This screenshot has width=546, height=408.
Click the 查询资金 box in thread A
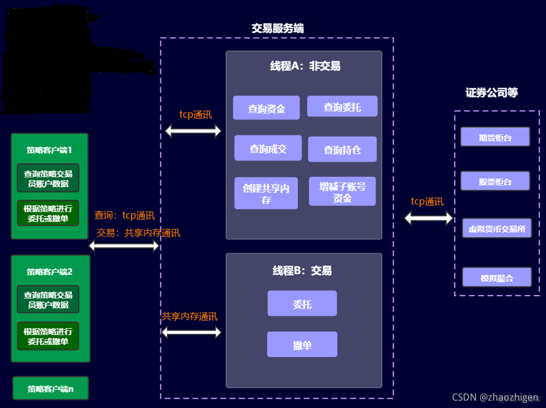266,108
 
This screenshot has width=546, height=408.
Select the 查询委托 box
342,106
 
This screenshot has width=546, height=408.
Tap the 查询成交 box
268,148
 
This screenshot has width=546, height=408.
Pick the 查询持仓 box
342,149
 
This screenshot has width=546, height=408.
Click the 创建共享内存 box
266,193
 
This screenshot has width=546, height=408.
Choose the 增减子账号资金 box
342,192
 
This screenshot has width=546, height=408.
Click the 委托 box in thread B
302,304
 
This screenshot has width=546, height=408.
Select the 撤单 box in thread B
302,344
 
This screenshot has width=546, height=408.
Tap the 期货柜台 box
495,137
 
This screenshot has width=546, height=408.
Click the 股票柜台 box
495,181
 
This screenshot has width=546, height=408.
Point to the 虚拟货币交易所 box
497,228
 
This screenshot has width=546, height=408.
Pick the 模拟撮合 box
497,277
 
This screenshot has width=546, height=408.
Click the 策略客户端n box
50,388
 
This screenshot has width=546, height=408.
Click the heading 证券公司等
491,93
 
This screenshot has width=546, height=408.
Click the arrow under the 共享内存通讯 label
192,333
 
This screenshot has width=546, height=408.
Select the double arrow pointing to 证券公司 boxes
428,218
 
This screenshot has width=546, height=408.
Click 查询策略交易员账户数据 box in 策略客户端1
48,178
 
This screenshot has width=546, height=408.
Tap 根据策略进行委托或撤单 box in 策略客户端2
48,336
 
